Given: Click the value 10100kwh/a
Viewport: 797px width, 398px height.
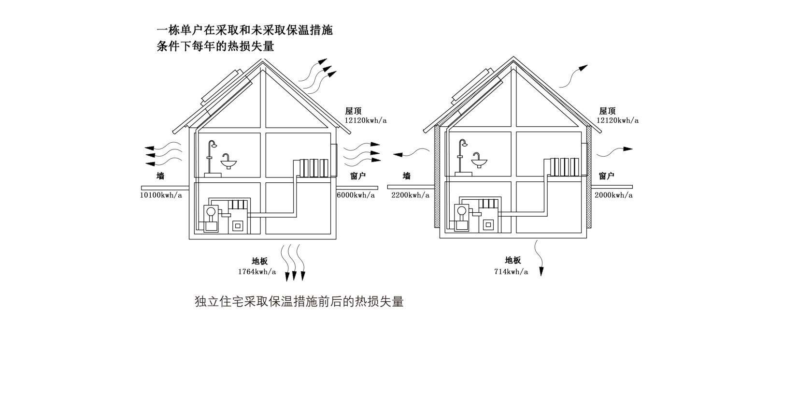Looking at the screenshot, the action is (161, 195).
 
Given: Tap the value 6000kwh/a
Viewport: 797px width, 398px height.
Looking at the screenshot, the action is (356, 195).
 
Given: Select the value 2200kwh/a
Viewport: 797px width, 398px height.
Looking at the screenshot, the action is (410, 195).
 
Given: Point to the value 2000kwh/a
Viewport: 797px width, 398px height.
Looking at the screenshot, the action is (613, 195).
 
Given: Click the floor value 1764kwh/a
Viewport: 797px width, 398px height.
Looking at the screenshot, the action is (257, 272).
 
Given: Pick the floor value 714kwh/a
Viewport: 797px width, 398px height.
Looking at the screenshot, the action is (511, 272).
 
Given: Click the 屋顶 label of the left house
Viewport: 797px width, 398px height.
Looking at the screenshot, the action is (353, 111).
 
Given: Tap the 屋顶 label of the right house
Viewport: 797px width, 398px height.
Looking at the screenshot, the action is (607, 111).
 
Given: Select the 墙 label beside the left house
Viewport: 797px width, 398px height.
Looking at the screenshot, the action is (160, 176).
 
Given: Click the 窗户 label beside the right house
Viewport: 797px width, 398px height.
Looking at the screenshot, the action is (607, 176).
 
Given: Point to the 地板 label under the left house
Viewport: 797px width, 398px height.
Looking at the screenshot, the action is (259, 261).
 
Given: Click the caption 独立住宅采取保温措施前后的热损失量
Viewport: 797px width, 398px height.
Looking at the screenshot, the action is (299, 302).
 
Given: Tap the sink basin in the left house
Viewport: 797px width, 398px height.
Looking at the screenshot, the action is (228, 164).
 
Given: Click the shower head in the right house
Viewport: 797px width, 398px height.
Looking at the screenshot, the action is (464, 144).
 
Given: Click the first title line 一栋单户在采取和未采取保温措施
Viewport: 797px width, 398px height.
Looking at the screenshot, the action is (245, 30).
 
